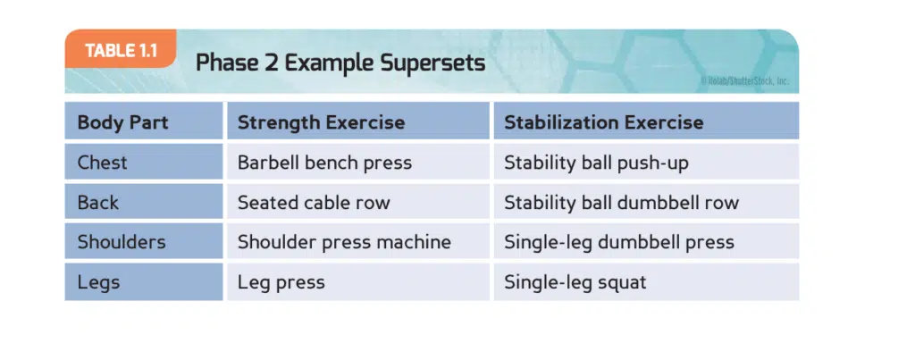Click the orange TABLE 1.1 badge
tap(121, 50)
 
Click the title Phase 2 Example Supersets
tap(340, 63)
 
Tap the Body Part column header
tap(122, 122)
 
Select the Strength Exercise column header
tap(321, 122)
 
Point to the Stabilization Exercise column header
tap(603, 122)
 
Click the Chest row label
tap(102, 163)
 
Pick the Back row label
tap(98, 203)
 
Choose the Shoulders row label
tap(122, 242)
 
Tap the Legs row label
tap(98, 282)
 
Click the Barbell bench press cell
tap(324, 163)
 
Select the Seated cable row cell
tap(314, 203)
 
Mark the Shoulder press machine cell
tap(344, 242)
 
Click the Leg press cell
tap(281, 283)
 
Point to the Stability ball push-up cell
tap(596, 163)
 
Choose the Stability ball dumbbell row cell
tap(622, 203)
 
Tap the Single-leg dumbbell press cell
tap(619, 242)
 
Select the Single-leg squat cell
tap(575, 283)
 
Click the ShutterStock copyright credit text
tap(744, 81)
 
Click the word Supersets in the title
tap(432, 63)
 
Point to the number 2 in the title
tap(271, 63)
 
